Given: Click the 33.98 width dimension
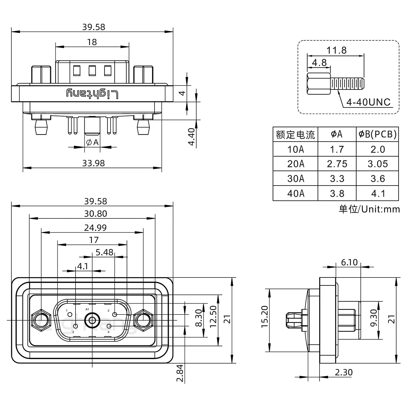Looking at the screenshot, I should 93,163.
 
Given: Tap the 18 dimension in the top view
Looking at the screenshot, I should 92,42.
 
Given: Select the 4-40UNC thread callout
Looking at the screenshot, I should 369,102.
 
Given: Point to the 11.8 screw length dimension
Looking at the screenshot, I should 336,50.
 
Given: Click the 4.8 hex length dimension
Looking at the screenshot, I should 319,62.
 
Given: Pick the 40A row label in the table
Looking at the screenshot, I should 296,193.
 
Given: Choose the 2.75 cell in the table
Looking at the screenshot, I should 337,164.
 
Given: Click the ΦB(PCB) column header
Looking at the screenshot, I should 377,134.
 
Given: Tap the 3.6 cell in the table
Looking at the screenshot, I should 378,179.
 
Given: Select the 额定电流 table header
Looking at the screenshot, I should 295,134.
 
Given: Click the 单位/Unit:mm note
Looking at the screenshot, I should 369,209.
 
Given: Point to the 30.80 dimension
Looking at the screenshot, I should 95,214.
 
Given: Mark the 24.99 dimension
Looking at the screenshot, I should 95,228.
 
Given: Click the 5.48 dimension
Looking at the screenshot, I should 104,252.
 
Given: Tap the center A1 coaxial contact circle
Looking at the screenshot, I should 92,320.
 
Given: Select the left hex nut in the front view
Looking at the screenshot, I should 41,320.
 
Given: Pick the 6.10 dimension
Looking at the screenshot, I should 349,262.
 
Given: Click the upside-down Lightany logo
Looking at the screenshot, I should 92,93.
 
